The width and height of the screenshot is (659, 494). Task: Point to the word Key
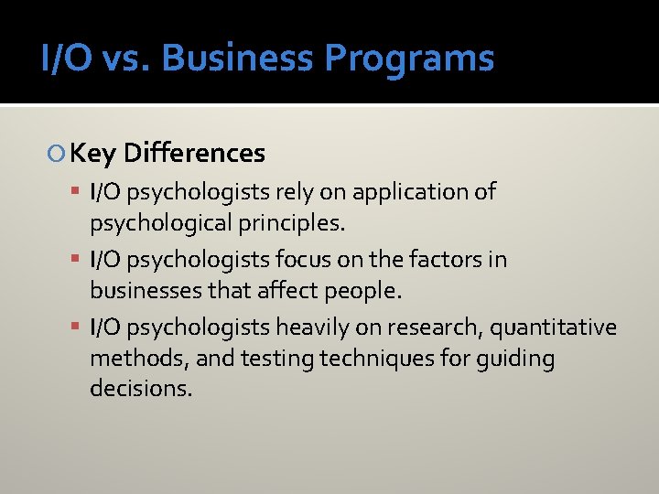pos(92,154)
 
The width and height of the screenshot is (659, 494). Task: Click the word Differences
pos(194,153)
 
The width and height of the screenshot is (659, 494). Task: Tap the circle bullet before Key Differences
pos(59,154)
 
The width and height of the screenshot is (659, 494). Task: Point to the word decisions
pos(141,389)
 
